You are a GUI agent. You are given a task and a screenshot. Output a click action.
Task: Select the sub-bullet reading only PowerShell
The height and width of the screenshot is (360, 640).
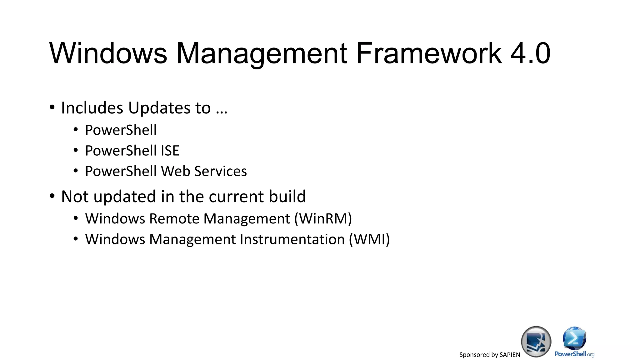point(121,130)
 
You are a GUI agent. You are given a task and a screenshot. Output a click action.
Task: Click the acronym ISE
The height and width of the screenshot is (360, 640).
point(170,151)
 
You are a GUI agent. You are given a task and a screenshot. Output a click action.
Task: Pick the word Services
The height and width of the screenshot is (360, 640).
point(220,171)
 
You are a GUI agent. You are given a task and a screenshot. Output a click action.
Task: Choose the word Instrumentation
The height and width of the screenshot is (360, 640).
point(292,239)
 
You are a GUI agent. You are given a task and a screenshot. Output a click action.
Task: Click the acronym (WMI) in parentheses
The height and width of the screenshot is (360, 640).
point(369,239)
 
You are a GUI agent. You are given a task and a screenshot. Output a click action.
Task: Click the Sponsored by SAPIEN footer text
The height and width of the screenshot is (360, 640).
point(489,355)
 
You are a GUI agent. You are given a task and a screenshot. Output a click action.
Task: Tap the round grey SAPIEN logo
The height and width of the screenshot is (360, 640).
point(536,342)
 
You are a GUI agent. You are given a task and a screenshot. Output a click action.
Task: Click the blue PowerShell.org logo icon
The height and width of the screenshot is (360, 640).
point(574,339)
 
